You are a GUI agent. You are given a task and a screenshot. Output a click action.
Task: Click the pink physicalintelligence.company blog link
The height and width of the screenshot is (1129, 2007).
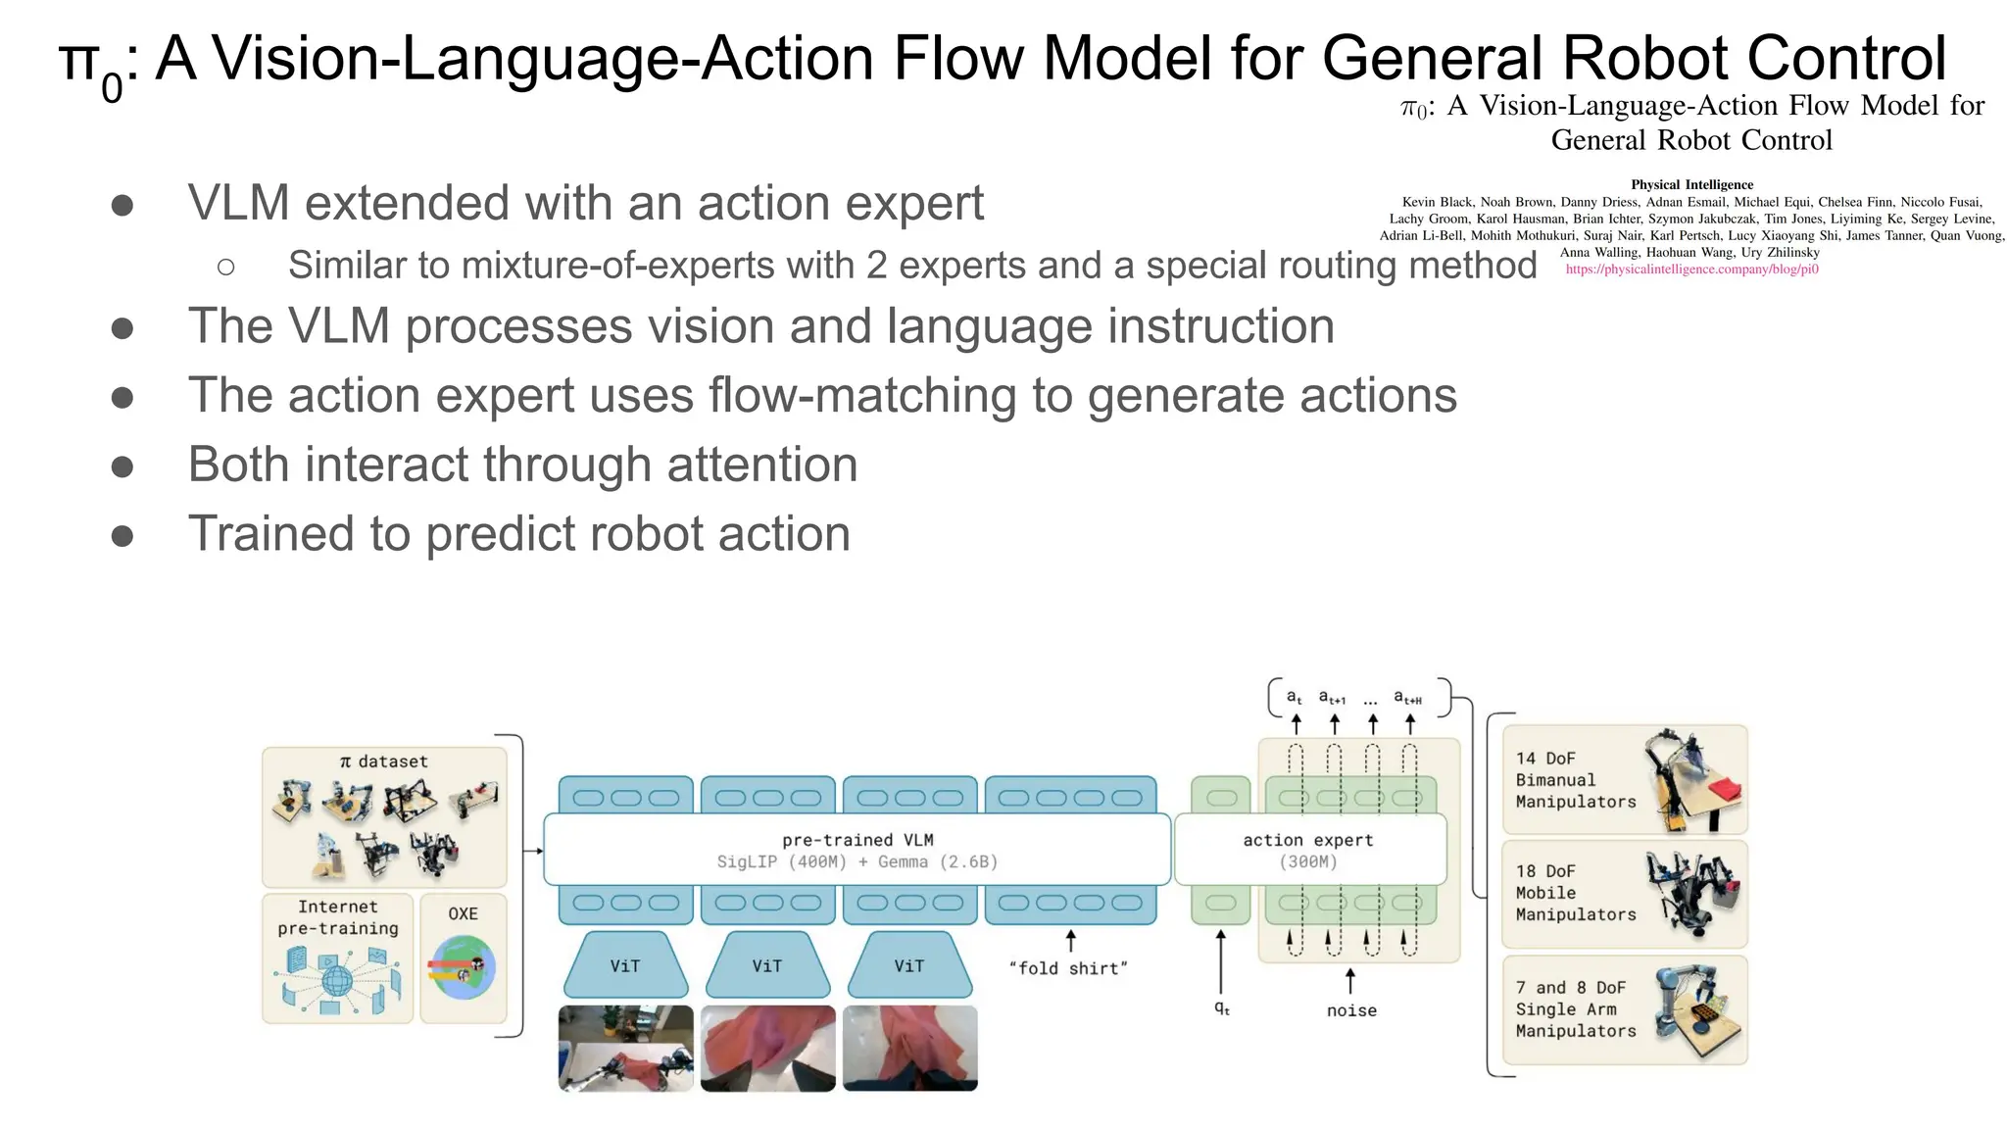(1691, 269)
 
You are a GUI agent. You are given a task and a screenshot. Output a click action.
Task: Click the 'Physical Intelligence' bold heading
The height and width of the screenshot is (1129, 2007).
(1691, 184)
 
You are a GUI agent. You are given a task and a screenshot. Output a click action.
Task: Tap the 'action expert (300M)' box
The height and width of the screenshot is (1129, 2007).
(1308, 850)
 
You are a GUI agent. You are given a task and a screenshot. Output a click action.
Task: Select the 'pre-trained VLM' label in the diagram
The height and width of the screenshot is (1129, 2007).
(857, 840)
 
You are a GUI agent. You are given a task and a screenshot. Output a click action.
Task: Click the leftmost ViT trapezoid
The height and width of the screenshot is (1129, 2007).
(625, 965)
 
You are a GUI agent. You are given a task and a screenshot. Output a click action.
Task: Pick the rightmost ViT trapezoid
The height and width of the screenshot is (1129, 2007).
(908, 965)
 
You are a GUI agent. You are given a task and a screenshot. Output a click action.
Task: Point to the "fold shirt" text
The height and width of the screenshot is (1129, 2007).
(1068, 968)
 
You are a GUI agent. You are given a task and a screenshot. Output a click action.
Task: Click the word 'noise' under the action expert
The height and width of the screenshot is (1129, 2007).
(1351, 1010)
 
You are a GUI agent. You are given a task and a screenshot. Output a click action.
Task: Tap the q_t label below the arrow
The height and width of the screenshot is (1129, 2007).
(1221, 1007)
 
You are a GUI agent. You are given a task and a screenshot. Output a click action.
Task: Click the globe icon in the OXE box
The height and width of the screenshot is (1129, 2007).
(463, 967)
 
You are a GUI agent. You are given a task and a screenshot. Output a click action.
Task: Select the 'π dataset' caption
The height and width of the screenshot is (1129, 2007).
(383, 761)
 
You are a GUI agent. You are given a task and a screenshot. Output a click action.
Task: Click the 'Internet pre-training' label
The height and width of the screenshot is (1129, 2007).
(338, 917)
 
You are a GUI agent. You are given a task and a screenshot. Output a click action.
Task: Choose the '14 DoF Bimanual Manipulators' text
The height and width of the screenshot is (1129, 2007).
(1575, 780)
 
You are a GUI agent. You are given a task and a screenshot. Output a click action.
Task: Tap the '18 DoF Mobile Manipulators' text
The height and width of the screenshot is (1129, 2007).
(1575, 893)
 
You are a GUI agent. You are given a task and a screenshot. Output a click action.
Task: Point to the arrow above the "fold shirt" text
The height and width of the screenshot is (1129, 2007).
(1070, 940)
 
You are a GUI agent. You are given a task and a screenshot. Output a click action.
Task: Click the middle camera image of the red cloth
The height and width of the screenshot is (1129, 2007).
(767, 1048)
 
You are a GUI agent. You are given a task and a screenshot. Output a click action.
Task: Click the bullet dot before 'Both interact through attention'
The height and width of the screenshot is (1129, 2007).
(122, 466)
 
